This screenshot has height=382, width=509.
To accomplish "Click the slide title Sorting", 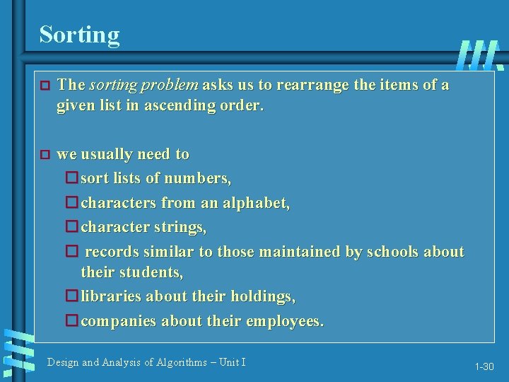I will [x=79, y=34].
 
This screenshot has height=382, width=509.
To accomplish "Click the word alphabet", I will [x=256, y=203].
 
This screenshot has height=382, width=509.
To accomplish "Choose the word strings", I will [x=183, y=227].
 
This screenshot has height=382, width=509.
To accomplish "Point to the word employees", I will [x=284, y=321].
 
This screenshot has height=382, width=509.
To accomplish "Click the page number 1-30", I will [x=484, y=367].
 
